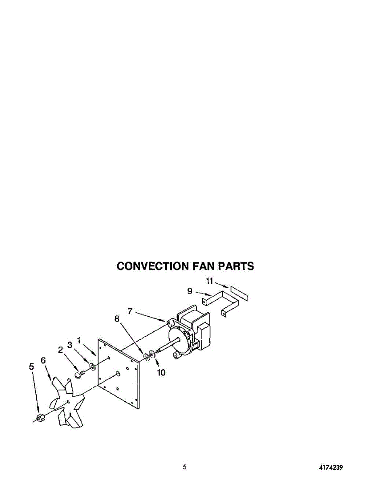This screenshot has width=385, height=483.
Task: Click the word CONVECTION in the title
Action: (x=152, y=266)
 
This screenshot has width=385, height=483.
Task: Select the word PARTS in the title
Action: (x=236, y=266)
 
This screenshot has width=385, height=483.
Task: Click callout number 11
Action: (x=209, y=281)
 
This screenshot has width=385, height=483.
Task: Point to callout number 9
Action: (x=190, y=291)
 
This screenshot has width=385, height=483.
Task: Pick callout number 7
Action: (x=130, y=311)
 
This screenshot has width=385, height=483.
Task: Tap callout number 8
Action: (x=117, y=319)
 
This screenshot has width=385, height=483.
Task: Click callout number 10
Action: (x=161, y=373)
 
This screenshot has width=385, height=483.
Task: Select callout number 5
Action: (x=31, y=366)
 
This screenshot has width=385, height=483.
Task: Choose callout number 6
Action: (x=43, y=360)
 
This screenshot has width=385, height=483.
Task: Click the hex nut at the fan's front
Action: (x=40, y=418)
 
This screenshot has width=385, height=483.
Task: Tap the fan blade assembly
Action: (x=67, y=402)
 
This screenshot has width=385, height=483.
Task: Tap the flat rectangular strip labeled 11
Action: (x=239, y=293)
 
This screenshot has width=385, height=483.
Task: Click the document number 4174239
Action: (x=331, y=467)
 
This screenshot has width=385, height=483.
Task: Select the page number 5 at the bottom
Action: (x=185, y=467)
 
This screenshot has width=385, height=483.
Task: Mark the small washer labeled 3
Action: (x=92, y=366)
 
